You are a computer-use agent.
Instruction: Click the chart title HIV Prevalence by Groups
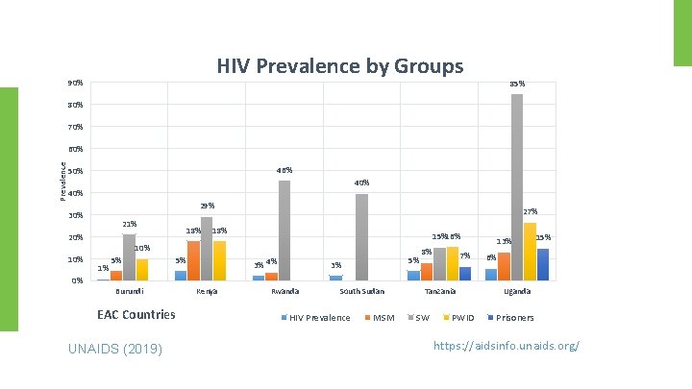pyautogui.click(x=339, y=66)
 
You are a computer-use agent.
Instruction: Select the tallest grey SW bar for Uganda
pyautogui.click(x=516, y=187)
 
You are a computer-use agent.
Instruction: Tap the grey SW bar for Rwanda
pyautogui.click(x=284, y=231)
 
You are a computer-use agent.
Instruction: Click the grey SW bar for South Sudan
pyautogui.click(x=361, y=237)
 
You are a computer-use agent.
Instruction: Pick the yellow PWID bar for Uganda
pyautogui.click(x=530, y=252)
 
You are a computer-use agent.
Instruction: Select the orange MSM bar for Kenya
pyautogui.click(x=193, y=260)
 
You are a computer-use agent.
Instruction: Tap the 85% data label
pyautogui.click(x=516, y=84)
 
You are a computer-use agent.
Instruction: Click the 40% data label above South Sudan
pyautogui.click(x=361, y=182)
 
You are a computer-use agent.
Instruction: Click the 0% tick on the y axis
pyautogui.click(x=76, y=280)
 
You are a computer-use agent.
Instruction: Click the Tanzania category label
pyautogui.click(x=440, y=291)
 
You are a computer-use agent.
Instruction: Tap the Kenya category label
pyautogui.click(x=207, y=291)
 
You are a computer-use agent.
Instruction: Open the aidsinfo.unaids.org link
pyautogui.click(x=507, y=345)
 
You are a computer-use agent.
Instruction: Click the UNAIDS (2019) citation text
pyautogui.click(x=115, y=347)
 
